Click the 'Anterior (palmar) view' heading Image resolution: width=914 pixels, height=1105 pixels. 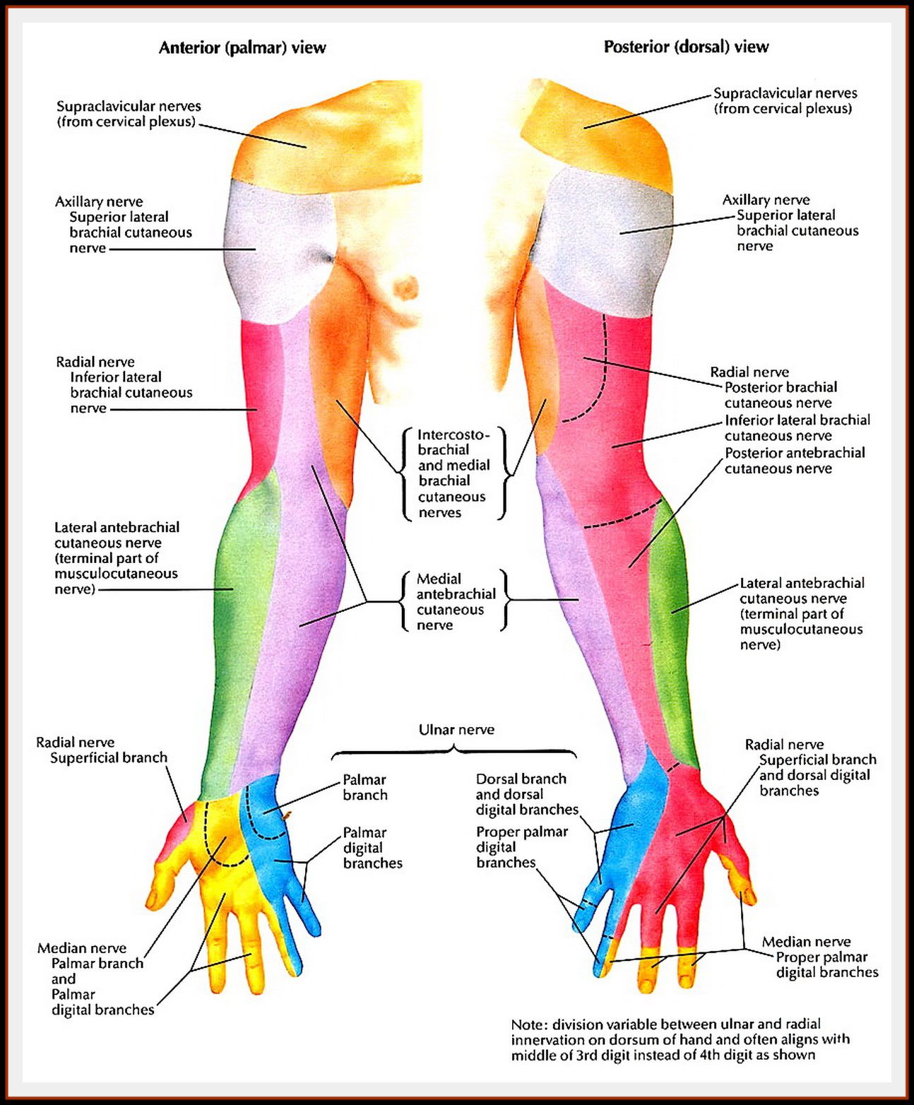242,48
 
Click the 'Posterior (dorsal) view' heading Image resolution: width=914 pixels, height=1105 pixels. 686,47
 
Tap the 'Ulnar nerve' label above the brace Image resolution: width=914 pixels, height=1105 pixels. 456,730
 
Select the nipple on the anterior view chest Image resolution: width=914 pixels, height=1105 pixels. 405,288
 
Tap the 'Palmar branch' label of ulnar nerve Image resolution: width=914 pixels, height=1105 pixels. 364,787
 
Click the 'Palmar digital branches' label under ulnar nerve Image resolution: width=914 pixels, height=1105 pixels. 372,848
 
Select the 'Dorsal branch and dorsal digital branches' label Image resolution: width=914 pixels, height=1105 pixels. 526,794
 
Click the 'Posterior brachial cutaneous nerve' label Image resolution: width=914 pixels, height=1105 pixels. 780,395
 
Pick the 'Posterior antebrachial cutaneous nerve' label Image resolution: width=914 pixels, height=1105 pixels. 794,461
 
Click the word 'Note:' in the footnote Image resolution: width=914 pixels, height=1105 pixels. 529,1024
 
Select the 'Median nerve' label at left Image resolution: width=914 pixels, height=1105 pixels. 82,948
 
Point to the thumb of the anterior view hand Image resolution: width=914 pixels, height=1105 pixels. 162,883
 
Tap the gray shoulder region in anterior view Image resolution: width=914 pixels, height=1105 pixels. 272,247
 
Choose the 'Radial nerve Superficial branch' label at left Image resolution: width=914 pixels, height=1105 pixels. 102,750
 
